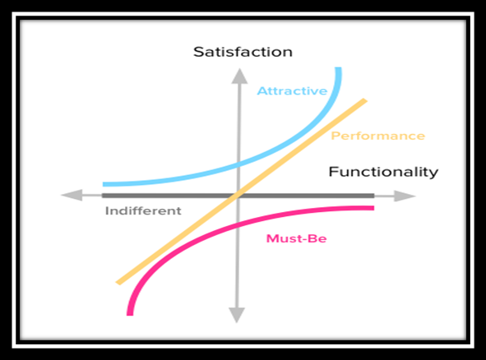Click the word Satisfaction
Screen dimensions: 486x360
243,52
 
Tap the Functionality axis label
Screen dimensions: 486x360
383,172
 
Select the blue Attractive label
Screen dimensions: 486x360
292,90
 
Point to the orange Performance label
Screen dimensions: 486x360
377,136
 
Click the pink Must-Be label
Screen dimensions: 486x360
296,238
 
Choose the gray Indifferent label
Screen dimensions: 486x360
143,210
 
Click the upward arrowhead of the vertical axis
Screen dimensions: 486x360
239,76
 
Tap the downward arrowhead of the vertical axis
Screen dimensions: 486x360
237,315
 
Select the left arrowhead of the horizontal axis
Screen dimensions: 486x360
72,195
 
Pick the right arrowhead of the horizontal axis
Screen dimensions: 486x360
405,196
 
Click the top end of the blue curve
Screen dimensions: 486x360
339,68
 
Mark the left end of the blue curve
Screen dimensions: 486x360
104,184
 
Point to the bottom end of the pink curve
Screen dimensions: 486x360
130,314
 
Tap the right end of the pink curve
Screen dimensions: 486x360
373,208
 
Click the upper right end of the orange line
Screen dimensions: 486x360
365,100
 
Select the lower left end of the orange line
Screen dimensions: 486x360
118,283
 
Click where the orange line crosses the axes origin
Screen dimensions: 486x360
238,195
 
